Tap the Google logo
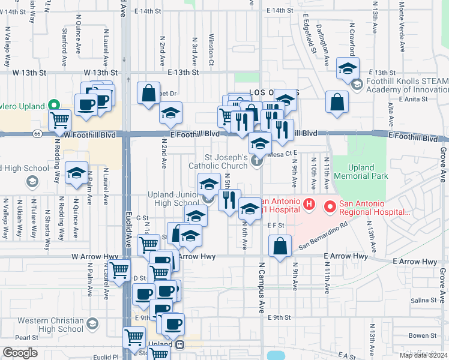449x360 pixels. click(x=20, y=352)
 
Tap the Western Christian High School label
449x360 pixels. click(x=50, y=325)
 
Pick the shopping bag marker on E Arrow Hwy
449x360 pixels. click(x=280, y=246)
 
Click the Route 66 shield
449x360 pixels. click(x=38, y=133)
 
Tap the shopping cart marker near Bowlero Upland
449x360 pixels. click(x=59, y=120)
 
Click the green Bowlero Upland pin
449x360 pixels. click(x=53, y=106)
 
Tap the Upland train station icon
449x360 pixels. click(x=179, y=345)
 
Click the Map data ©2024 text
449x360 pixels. click(x=423, y=355)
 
